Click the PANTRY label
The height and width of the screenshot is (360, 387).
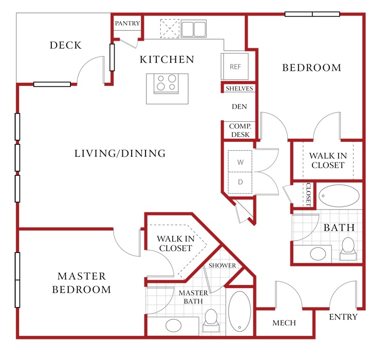127,23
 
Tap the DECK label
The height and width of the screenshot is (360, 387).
66,45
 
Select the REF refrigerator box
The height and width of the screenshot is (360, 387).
235,66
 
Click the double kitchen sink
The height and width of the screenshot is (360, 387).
193,29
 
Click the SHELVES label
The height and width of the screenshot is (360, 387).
239,88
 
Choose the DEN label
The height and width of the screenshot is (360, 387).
239,106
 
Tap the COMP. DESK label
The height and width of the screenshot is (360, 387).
240,130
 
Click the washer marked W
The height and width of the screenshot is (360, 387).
240,161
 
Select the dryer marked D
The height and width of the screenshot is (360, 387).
240,183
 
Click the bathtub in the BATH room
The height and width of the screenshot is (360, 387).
339,196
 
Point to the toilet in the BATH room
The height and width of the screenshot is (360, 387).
348,249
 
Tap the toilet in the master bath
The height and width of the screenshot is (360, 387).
211,320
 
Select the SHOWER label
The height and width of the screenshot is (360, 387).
222,265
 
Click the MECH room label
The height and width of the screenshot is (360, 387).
284,323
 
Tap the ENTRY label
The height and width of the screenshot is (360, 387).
343,317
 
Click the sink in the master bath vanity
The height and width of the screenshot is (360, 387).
174,326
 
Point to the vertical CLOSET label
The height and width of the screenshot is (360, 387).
308,194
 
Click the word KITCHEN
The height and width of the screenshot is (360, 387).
167,60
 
